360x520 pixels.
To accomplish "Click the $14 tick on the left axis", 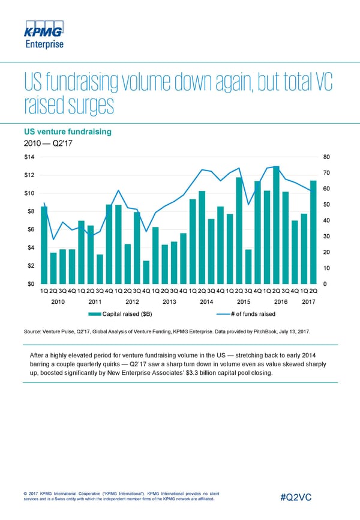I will click(29, 157).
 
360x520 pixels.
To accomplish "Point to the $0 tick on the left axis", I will click(29, 283).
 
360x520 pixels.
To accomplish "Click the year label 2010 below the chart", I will click(58, 301).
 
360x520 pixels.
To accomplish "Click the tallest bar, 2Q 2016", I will click(276, 225).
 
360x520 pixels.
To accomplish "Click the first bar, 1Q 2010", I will click(44, 245).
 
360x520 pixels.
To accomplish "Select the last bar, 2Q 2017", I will click(313, 232).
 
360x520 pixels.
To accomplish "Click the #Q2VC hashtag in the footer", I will click(301, 498).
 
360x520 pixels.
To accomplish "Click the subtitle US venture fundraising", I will click(75, 132).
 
